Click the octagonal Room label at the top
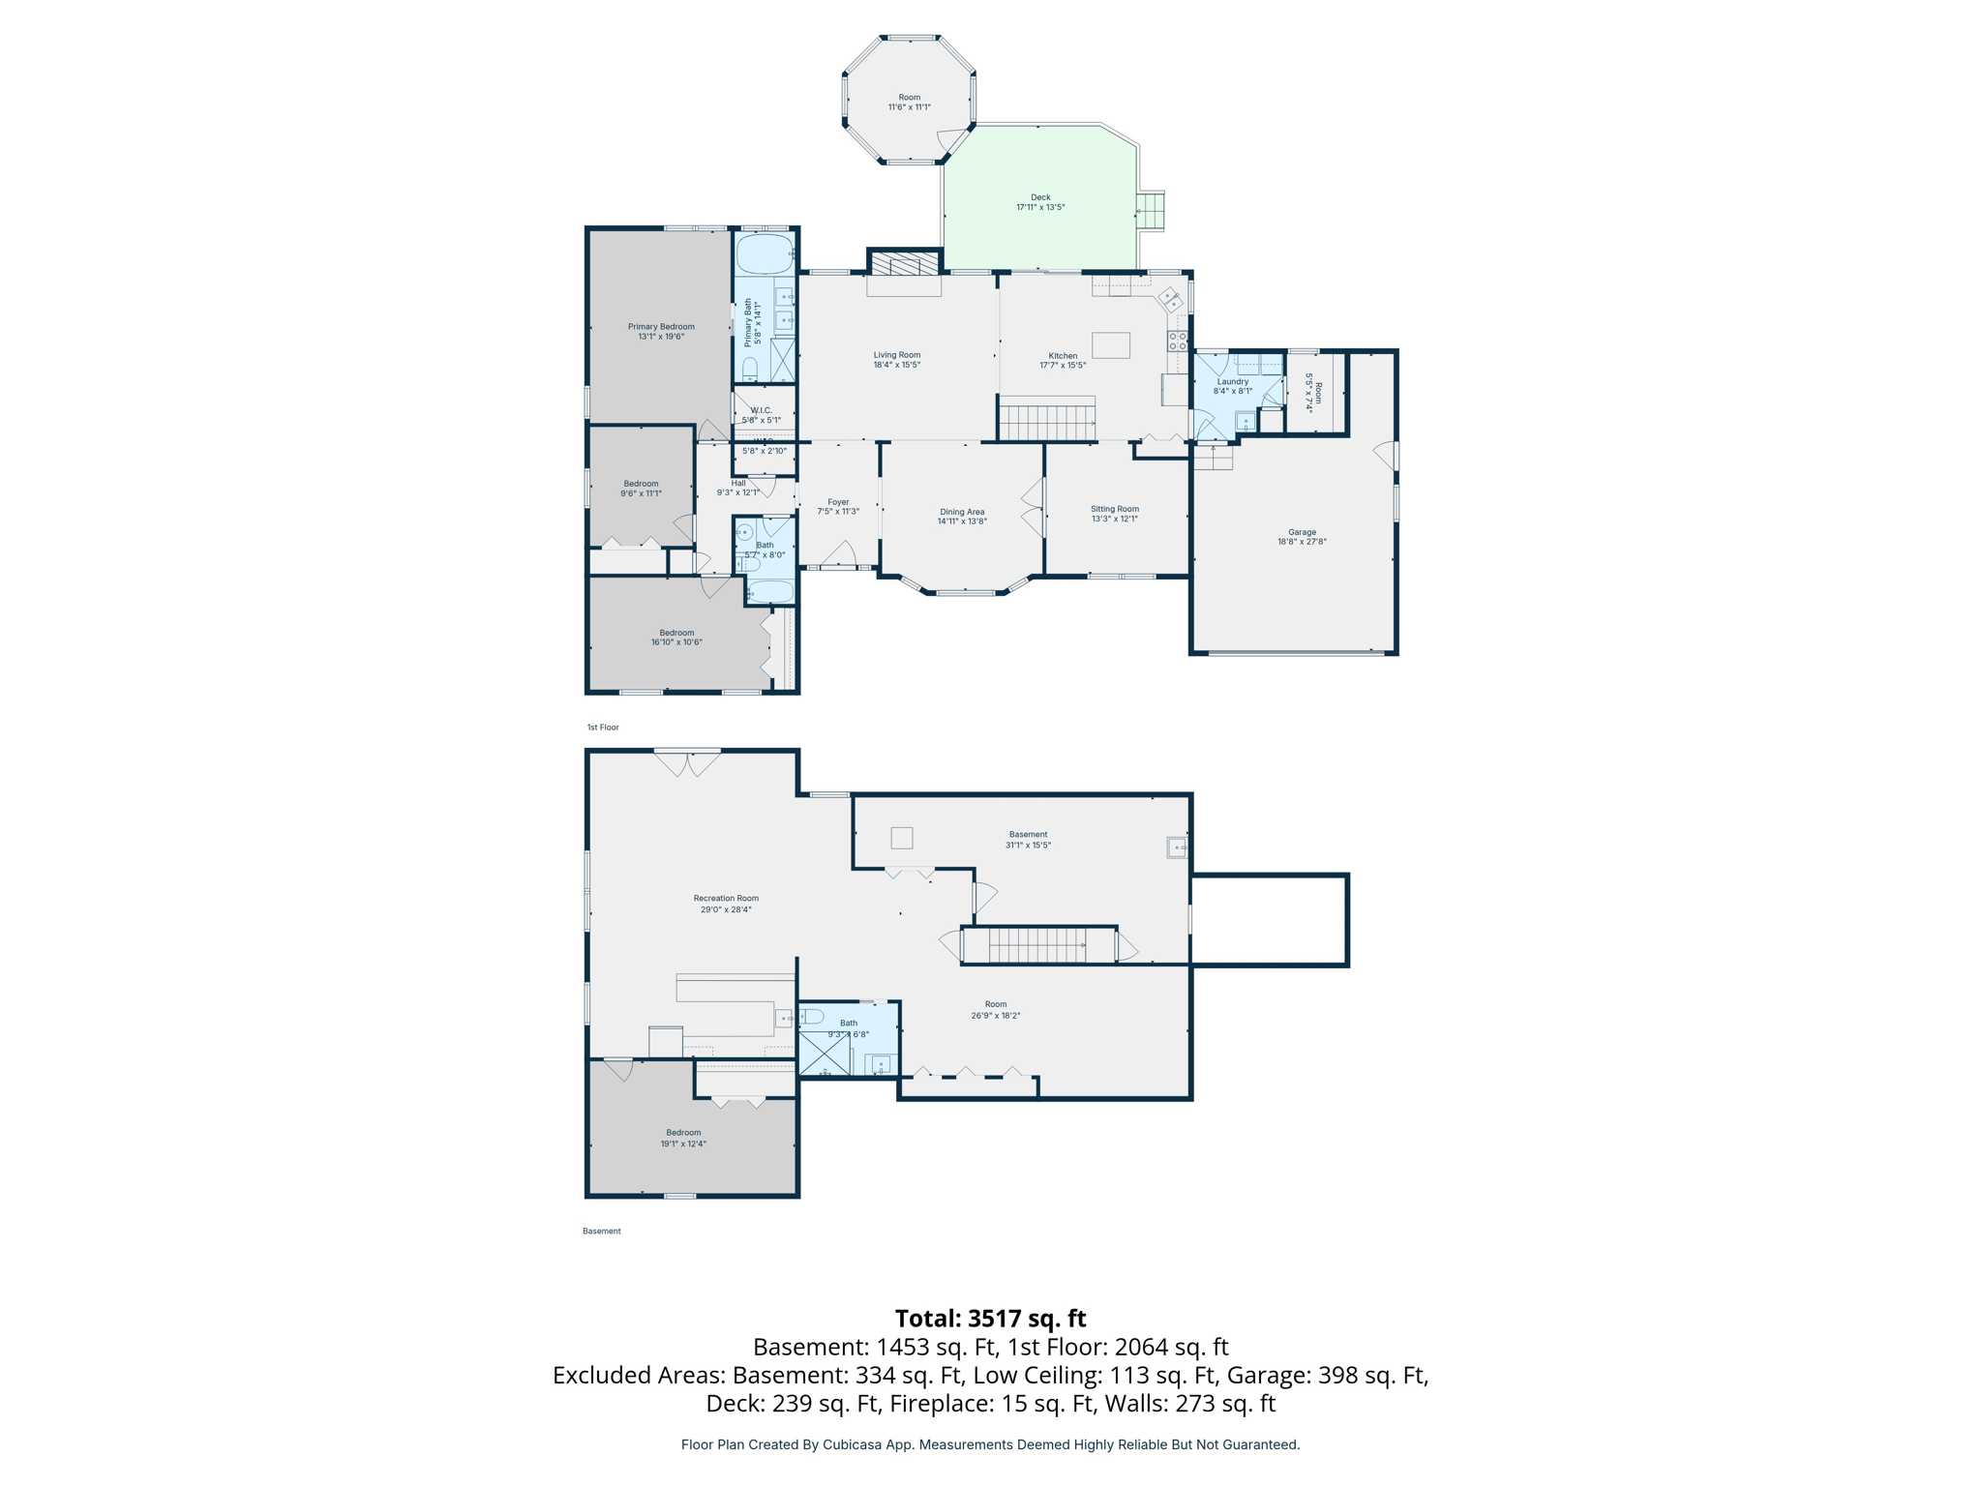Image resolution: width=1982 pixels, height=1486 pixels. (x=909, y=102)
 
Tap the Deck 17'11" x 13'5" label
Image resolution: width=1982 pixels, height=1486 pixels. (x=1039, y=202)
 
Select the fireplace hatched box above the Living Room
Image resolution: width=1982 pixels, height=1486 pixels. (x=904, y=264)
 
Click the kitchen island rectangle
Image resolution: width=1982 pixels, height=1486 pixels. (x=1110, y=345)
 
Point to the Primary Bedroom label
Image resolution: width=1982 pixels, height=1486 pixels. (x=661, y=331)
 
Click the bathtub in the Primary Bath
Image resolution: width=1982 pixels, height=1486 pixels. (x=765, y=253)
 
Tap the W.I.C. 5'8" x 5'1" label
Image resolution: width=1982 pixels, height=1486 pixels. (x=761, y=415)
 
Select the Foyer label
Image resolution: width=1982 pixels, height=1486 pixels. (x=837, y=506)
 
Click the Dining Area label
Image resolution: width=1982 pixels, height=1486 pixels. (x=961, y=517)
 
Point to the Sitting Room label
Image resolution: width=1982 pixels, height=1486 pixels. (x=1114, y=513)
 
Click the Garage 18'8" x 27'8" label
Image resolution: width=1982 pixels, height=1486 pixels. (x=1301, y=536)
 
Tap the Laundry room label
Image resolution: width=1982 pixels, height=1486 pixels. (x=1232, y=385)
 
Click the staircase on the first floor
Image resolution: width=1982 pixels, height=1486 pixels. (x=1047, y=422)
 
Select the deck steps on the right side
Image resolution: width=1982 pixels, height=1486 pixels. (x=1150, y=210)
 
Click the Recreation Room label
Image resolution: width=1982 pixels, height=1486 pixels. (x=726, y=903)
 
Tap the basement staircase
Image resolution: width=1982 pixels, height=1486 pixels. (x=1038, y=945)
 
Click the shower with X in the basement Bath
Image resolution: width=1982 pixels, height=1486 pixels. (x=824, y=1054)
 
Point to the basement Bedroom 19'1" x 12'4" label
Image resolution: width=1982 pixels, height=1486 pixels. (x=683, y=1138)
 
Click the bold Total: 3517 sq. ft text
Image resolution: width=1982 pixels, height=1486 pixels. (x=990, y=1319)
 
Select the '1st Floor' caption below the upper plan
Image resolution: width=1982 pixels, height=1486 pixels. (x=602, y=727)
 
